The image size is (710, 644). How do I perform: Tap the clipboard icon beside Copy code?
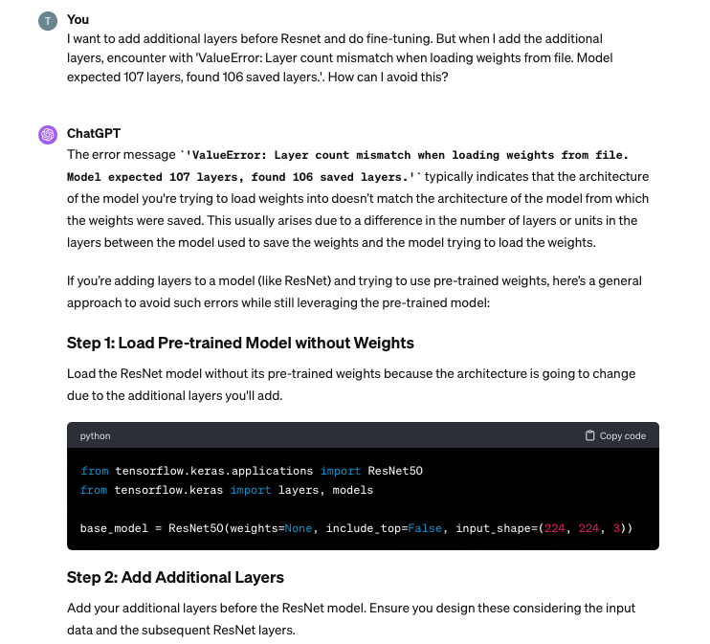590,435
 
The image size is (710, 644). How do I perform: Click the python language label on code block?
95,435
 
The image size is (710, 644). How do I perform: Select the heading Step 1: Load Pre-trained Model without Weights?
240,343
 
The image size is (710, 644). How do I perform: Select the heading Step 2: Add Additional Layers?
175,577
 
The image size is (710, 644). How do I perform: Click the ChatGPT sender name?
94,133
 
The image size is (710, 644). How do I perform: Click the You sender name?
78,19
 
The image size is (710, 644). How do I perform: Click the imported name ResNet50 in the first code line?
395,471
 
